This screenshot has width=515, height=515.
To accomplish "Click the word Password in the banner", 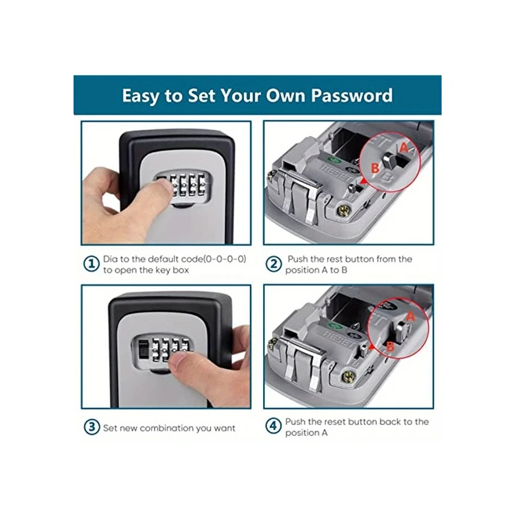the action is pyautogui.click(x=352, y=95).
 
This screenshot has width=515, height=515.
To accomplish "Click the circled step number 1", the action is pyautogui.click(x=91, y=264).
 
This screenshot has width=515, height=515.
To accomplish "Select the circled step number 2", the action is pyautogui.click(x=273, y=264).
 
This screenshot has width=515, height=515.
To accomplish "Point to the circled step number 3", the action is pyautogui.click(x=92, y=427).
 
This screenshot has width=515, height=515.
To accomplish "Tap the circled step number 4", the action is pyautogui.click(x=273, y=426).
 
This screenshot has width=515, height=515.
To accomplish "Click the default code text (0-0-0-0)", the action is pyautogui.click(x=225, y=259).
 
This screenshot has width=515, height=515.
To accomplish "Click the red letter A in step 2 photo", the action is pyautogui.click(x=404, y=148).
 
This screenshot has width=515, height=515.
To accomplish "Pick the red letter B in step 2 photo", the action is pyautogui.click(x=375, y=168).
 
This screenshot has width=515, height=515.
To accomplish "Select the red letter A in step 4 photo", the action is pyautogui.click(x=410, y=316).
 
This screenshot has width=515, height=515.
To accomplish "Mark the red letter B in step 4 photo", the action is pyautogui.click(x=390, y=346).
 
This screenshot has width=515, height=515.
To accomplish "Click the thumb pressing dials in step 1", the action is pyautogui.click(x=156, y=193).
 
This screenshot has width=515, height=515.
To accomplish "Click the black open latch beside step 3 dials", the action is pyautogui.click(x=144, y=350).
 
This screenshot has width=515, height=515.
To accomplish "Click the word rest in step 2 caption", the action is pyautogui.click(x=330, y=259).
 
